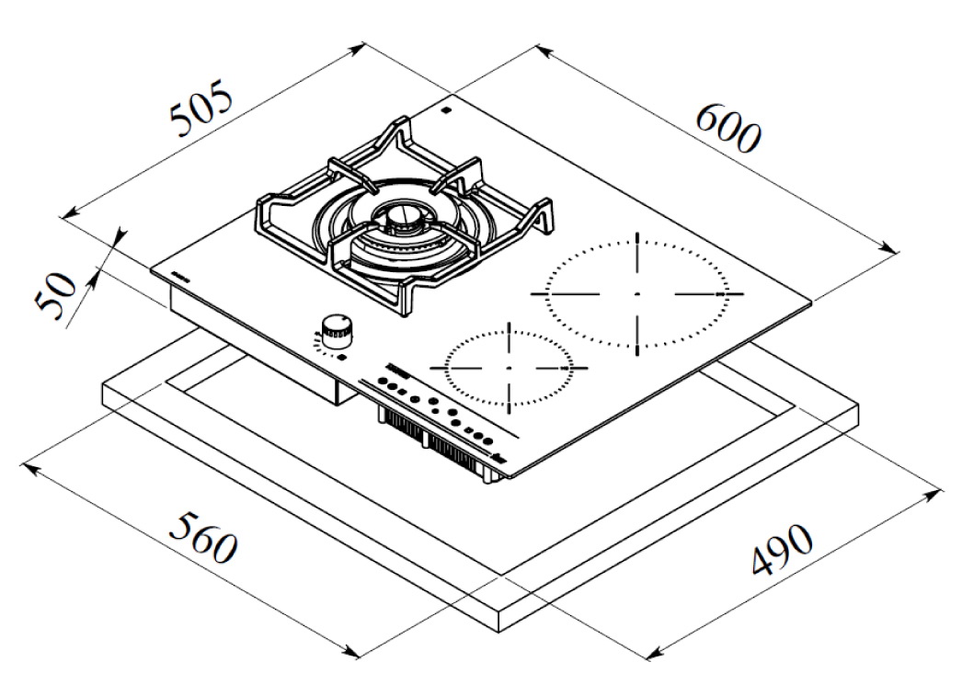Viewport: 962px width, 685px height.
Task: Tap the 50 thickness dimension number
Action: click(55, 297)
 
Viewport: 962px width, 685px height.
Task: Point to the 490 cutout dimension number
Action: click(783, 549)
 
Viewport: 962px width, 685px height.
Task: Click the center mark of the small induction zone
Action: click(509, 368)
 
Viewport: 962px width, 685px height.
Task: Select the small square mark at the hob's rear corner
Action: click(446, 111)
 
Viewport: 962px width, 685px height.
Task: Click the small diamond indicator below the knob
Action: click(342, 357)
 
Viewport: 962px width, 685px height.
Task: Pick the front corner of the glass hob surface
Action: click(507, 476)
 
